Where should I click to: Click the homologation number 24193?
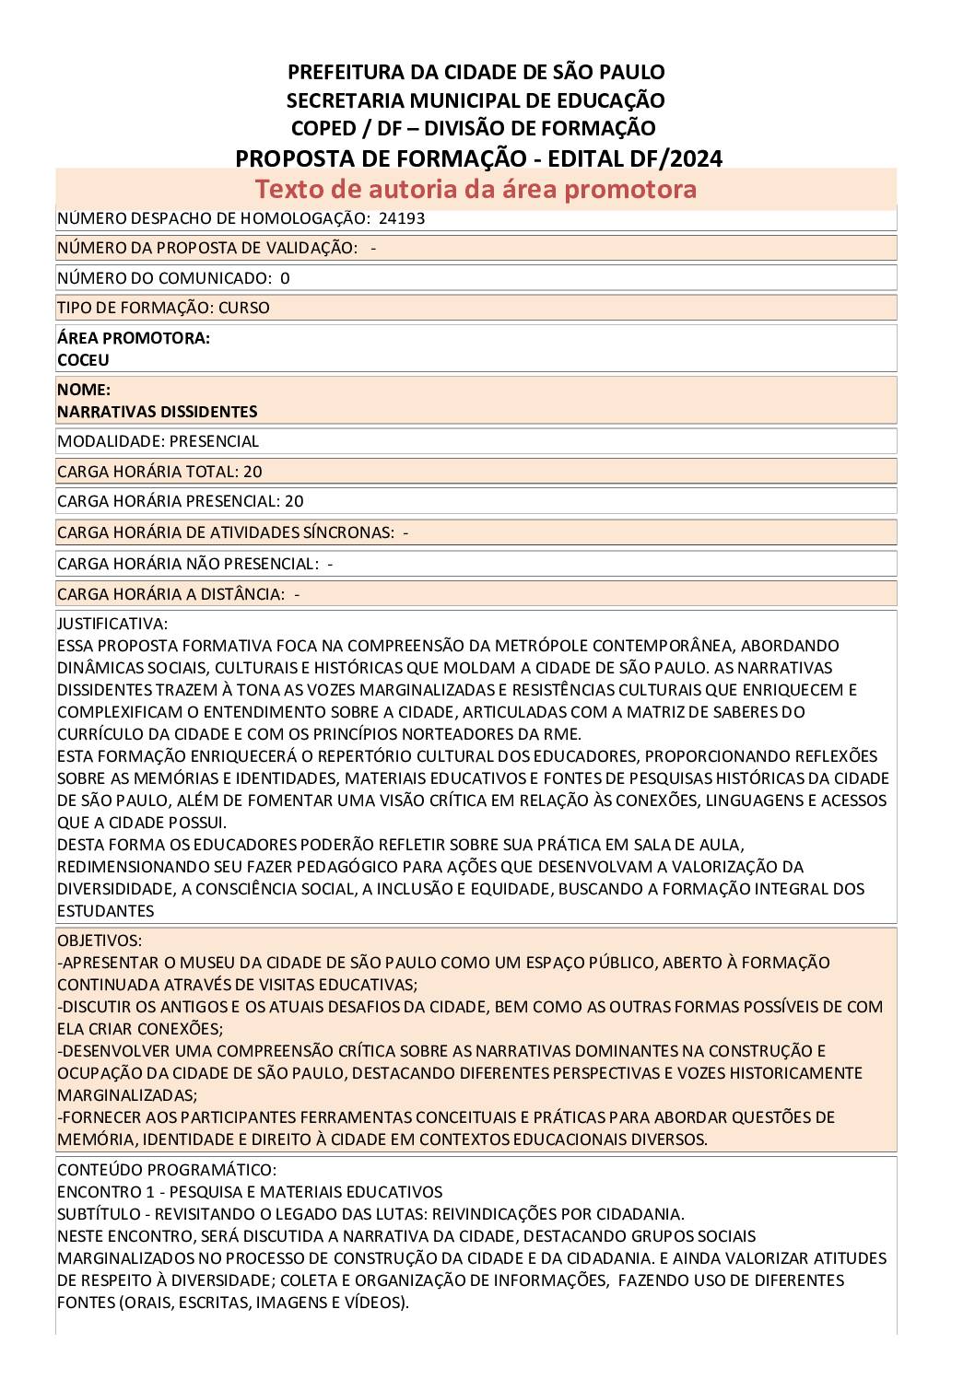coord(402,218)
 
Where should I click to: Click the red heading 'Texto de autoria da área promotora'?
coord(476,189)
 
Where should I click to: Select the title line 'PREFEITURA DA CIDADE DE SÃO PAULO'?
coord(476,72)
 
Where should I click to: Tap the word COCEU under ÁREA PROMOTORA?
coord(83,360)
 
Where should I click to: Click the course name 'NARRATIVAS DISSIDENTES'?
coord(157,412)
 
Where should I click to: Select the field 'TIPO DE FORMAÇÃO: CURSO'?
coord(163,308)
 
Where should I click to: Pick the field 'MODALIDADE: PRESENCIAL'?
coord(158,441)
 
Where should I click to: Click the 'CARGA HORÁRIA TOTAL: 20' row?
coord(159,472)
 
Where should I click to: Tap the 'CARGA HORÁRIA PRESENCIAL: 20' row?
coord(180,501)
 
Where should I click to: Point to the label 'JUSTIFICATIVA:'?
coord(112,624)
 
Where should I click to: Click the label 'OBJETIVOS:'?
coord(100,941)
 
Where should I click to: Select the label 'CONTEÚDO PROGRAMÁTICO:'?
coord(166,1170)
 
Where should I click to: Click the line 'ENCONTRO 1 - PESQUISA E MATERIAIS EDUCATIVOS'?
coord(249,1192)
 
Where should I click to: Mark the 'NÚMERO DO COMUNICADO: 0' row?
coord(173,278)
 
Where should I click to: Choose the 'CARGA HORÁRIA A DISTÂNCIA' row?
coord(178,594)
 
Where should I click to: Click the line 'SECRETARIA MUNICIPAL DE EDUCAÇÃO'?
coord(476,99)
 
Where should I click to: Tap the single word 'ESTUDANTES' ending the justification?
coord(105,911)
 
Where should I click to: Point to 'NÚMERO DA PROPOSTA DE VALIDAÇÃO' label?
coord(206,248)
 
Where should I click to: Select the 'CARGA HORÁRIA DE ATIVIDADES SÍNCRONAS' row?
coord(232,532)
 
